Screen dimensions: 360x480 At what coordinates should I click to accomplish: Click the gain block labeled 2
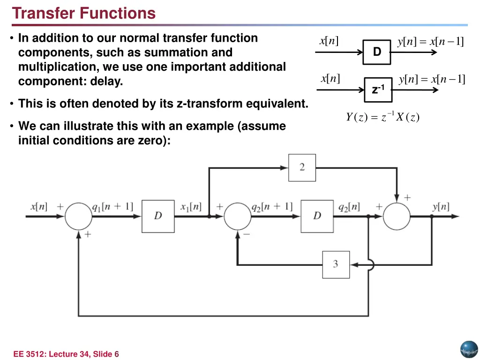pyautogui.click(x=302, y=167)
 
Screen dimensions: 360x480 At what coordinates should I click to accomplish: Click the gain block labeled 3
pyautogui.click(x=336, y=264)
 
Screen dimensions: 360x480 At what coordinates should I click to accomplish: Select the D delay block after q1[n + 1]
pyautogui.click(x=158, y=216)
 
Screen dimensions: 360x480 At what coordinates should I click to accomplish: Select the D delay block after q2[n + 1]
pyautogui.click(x=317, y=216)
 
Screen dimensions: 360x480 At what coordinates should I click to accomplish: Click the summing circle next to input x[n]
pyautogui.click(x=78, y=217)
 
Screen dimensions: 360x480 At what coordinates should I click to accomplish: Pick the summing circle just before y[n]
pyautogui.click(x=397, y=217)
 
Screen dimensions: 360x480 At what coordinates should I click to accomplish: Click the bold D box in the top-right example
pyautogui.click(x=377, y=52)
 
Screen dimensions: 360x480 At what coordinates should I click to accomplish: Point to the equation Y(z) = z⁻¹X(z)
pyautogui.click(x=382, y=117)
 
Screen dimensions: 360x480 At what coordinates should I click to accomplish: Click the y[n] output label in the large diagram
pyautogui.click(x=441, y=206)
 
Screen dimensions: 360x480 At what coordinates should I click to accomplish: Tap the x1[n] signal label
pyautogui.click(x=191, y=206)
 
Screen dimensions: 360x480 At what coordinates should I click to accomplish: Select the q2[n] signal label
pyautogui.click(x=349, y=206)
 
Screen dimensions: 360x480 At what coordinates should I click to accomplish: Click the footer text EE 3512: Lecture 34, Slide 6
pyautogui.click(x=66, y=354)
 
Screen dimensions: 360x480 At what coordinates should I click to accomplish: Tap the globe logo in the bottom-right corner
pyautogui.click(x=468, y=349)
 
